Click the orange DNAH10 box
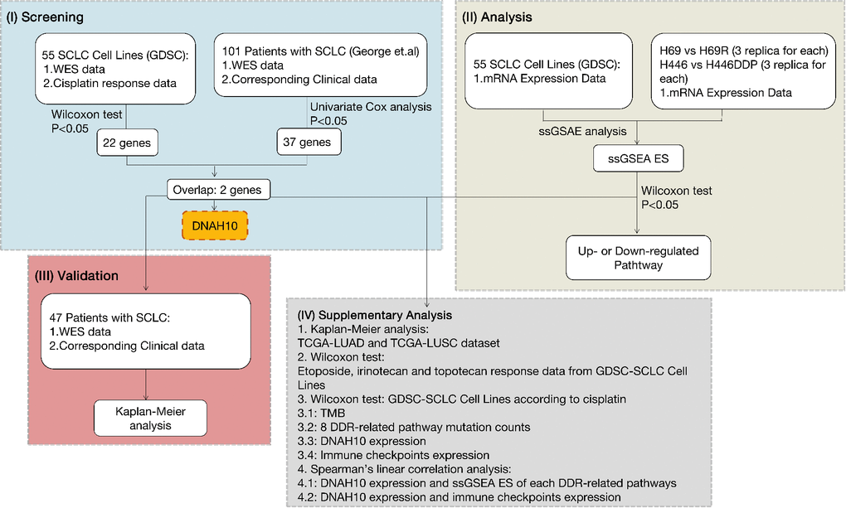point(215,225)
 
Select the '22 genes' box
point(127,142)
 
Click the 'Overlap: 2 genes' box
point(218,190)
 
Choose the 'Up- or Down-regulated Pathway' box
point(637,257)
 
